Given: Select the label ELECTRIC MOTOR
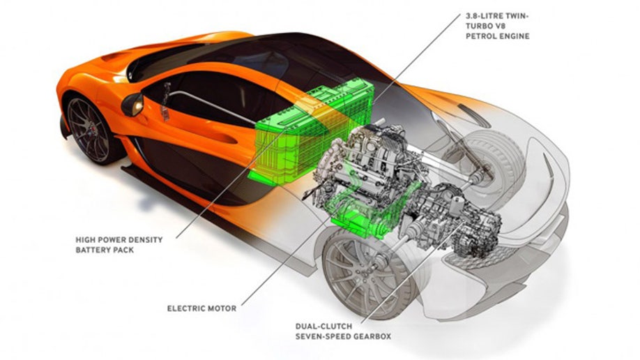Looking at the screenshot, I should (x=201, y=307).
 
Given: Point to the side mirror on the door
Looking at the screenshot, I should (x=132, y=105).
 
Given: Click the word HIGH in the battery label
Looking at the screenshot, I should (x=86, y=239).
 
